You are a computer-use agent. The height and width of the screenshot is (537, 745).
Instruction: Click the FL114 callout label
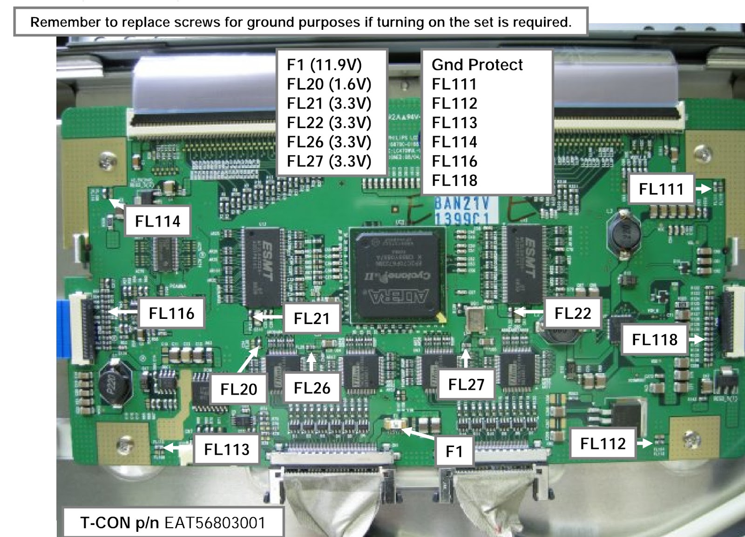click(x=157, y=221)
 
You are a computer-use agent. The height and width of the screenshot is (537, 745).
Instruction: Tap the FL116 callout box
click(x=171, y=313)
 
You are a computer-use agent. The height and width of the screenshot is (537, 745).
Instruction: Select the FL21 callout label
click(x=312, y=318)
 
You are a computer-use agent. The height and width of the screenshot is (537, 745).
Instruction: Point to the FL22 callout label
click(x=572, y=313)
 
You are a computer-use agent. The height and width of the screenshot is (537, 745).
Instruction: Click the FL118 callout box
click(x=654, y=339)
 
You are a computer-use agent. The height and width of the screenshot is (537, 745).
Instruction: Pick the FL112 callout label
click(x=603, y=443)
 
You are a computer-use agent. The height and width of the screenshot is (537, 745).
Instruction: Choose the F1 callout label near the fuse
click(x=454, y=451)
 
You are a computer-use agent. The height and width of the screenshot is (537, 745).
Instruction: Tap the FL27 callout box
click(x=466, y=385)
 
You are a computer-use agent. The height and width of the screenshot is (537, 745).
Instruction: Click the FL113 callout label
click(x=227, y=449)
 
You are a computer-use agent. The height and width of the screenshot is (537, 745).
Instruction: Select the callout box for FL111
click(x=661, y=189)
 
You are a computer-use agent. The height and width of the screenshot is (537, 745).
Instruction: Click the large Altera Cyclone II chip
click(x=397, y=274)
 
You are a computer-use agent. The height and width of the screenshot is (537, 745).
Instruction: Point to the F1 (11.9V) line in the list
click(x=324, y=65)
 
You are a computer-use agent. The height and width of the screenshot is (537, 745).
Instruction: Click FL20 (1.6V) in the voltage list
click(x=329, y=84)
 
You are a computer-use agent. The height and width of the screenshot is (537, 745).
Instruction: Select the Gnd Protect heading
click(x=477, y=65)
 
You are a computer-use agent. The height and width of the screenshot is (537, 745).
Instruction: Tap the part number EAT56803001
click(x=215, y=523)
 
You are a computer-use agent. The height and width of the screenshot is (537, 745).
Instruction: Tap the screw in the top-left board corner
click(x=108, y=161)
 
